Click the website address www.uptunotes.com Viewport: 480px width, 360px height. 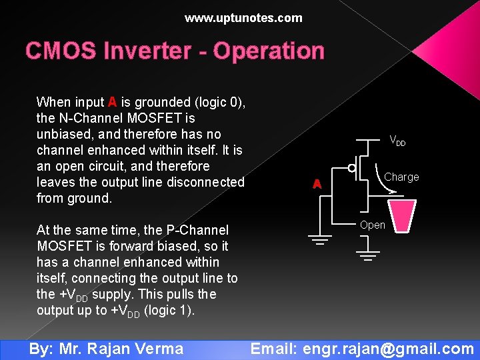pos(243,18)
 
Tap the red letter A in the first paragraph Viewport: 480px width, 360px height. pos(112,102)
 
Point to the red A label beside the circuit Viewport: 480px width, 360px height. pos(318,184)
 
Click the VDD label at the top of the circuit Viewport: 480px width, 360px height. pos(397,141)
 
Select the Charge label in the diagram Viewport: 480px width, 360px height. pos(401,177)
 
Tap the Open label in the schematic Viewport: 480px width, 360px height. pos(372,225)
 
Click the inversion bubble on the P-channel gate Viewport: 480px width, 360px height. pos(351,167)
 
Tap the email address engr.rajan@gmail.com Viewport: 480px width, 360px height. pos(388,348)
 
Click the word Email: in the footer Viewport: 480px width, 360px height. pos(274,348)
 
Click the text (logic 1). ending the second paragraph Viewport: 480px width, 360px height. pos(169,310)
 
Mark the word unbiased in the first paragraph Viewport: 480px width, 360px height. pos(65,134)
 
